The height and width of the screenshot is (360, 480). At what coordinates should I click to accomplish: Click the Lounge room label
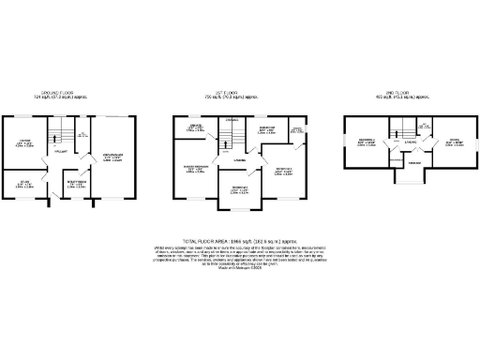(25, 142)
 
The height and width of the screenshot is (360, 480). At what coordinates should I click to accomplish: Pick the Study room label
(24, 184)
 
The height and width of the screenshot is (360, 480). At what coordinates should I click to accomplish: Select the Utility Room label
(77, 184)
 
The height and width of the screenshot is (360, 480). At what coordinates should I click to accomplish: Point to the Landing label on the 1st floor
(240, 160)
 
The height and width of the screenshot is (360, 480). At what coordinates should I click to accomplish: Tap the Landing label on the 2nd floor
(411, 142)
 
